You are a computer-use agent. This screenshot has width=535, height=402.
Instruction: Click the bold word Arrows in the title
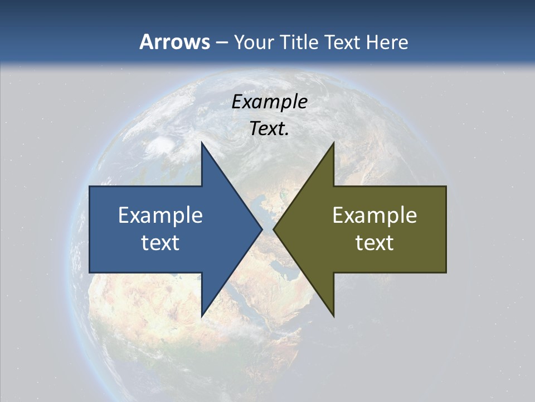[x=174, y=42]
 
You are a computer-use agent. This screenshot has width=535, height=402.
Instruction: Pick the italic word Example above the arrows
[x=269, y=102]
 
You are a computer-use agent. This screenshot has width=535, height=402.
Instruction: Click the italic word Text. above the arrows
[x=267, y=129]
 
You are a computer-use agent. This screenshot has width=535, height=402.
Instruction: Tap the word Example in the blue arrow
[x=160, y=215]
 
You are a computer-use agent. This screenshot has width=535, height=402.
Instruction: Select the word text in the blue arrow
[x=160, y=242]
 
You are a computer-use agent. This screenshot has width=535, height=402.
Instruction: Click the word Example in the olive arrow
[x=374, y=215]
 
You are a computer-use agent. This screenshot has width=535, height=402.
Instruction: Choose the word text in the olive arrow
[x=374, y=242]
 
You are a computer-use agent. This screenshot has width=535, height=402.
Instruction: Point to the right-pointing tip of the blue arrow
[x=261, y=229]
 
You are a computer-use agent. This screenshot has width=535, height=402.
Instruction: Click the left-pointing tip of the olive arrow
[x=274, y=229]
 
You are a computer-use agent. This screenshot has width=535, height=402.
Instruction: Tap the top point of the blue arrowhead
[x=202, y=143]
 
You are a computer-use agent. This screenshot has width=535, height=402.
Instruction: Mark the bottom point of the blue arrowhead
[x=202, y=315]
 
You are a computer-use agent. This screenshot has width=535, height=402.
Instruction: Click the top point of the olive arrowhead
[x=333, y=143]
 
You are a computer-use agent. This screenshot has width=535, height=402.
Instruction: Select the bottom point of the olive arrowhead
[x=333, y=315]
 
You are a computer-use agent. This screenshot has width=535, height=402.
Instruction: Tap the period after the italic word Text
[x=287, y=134]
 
